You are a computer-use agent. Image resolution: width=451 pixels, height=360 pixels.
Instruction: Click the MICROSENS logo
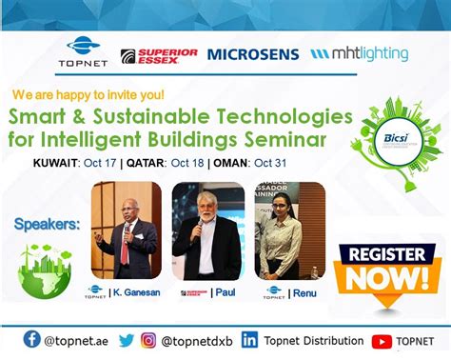point(253,54)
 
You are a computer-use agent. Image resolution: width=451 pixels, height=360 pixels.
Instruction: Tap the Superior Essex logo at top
point(159,56)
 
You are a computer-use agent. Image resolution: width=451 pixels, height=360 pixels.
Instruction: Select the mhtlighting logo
point(360,54)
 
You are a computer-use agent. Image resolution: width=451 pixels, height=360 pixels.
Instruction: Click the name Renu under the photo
point(302,291)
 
